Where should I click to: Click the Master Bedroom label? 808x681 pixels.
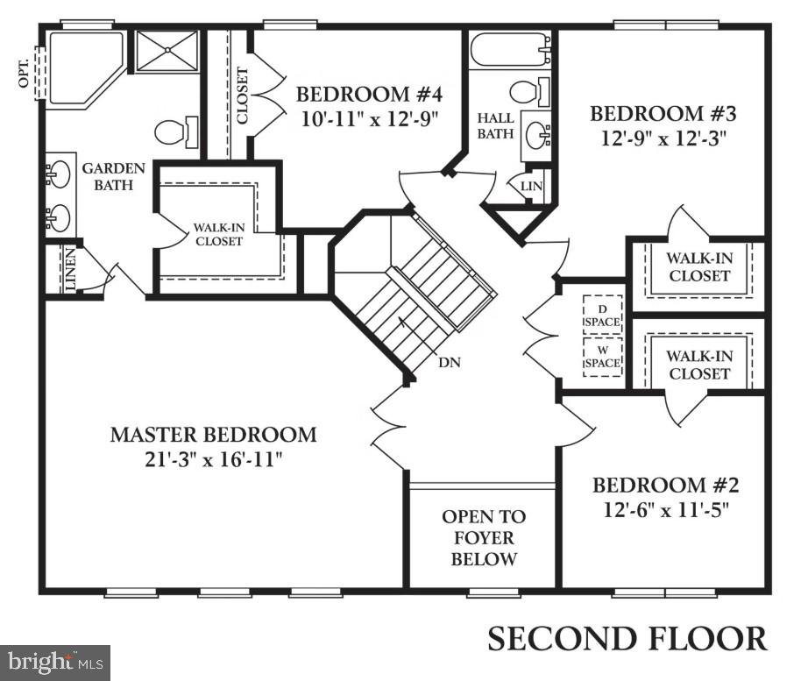coord(213,434)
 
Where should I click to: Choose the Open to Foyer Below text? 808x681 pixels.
coord(484,537)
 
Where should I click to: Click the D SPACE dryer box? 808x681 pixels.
coord(602,315)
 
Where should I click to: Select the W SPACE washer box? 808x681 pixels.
coord(602,356)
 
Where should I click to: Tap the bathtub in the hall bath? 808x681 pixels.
coord(509,51)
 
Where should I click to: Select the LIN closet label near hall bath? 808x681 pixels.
coord(531,187)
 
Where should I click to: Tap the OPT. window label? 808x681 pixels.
coord(24,73)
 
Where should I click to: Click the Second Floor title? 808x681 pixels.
coord(627,638)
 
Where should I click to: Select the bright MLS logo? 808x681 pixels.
coord(54,661)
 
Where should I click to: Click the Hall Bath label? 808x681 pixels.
coord(494,125)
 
